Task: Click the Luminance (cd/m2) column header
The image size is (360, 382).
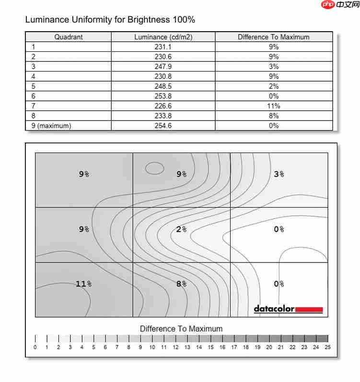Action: click(x=163, y=37)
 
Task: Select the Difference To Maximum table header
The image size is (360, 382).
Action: click(x=273, y=37)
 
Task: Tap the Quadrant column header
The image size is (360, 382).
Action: click(x=69, y=37)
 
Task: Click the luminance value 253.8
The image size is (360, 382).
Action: click(x=163, y=96)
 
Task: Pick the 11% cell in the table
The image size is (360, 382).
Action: click(x=273, y=106)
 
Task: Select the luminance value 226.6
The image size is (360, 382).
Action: click(x=163, y=106)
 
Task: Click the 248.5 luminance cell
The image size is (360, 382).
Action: click(x=163, y=86)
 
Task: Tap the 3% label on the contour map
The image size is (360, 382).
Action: click(x=279, y=174)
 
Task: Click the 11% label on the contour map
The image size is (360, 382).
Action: click(x=83, y=284)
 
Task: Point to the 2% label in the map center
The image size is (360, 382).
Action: click(x=181, y=229)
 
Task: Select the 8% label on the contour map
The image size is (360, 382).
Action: click(x=181, y=284)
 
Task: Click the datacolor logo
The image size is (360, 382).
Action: click(x=288, y=310)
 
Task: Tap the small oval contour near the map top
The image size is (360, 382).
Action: click(x=154, y=168)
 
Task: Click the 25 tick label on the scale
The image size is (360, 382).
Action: click(x=328, y=347)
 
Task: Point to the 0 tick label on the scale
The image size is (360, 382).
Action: click(x=35, y=347)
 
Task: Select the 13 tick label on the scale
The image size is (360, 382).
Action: click(x=187, y=347)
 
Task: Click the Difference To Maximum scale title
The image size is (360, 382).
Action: click(x=181, y=329)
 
